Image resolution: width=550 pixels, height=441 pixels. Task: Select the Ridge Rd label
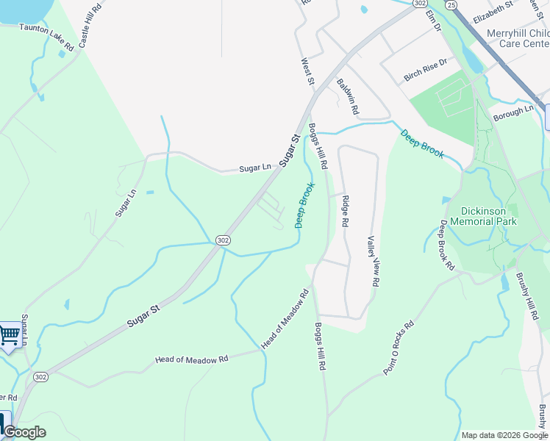pyautogui.click(x=344, y=210)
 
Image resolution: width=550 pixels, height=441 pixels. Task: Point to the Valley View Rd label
pyautogui.click(x=373, y=261)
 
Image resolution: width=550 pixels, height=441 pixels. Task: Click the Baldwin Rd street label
pyautogui.click(x=347, y=96)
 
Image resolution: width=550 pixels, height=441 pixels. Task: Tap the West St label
pyautogui.click(x=308, y=71)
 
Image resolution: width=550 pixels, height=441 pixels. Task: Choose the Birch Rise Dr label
pyautogui.click(x=425, y=71)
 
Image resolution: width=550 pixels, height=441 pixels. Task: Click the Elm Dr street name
pyautogui.click(x=432, y=21)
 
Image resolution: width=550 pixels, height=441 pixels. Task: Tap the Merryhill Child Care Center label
pyautogui.click(x=518, y=38)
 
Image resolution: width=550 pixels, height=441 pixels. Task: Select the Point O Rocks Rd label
pyautogui.click(x=399, y=348)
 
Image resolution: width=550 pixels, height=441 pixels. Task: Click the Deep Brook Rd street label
pyautogui.click(x=448, y=245)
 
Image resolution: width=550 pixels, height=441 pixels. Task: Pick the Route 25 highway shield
pyautogui.click(x=450, y=6)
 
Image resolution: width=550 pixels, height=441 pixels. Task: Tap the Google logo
pyautogui.click(x=24, y=432)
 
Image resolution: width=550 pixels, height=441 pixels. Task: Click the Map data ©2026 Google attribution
pyautogui.click(x=504, y=435)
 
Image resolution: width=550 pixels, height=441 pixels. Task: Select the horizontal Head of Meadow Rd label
pyautogui.click(x=192, y=359)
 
